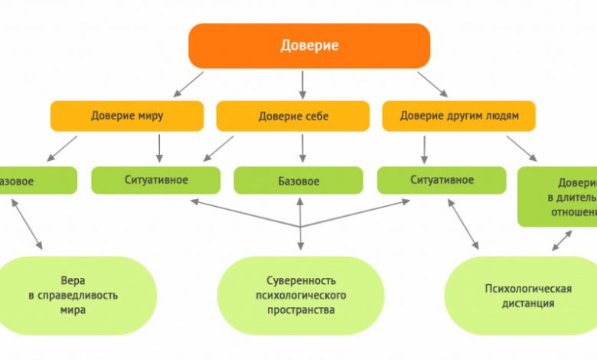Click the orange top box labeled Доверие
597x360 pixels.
[309, 46]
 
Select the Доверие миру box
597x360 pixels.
[127, 116]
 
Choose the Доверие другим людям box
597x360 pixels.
[459, 116]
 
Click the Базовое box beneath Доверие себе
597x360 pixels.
[298, 182]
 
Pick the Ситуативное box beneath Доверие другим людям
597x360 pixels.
[442, 180]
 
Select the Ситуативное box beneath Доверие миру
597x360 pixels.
[156, 180]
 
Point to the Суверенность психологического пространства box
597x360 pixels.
[301, 296]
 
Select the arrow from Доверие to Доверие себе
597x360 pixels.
[302, 83]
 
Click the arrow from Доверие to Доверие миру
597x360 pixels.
[190, 83]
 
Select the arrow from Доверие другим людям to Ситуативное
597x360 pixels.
[423, 148]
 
